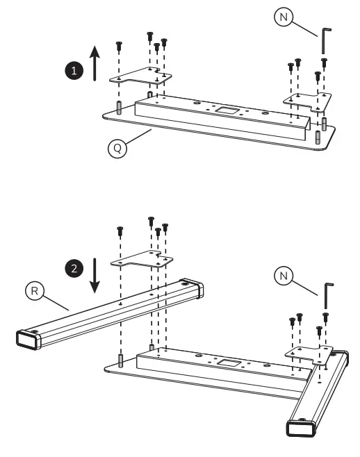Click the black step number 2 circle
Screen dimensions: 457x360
[72, 266]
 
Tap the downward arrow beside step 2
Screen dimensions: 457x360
[97, 275]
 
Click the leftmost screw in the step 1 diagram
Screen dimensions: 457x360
[119, 46]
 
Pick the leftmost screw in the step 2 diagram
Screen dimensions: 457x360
[120, 228]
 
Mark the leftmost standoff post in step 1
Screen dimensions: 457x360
[119, 110]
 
